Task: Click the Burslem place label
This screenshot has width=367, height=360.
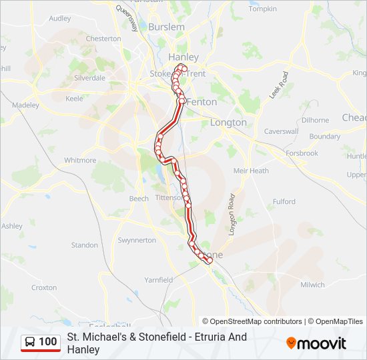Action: (x=167, y=27)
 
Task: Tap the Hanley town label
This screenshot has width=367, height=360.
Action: (x=183, y=57)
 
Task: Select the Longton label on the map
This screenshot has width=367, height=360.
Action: (x=228, y=123)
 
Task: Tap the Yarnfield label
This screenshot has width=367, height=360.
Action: (x=159, y=280)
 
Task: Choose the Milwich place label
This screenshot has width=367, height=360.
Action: (x=312, y=285)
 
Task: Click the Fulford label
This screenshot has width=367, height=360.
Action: (x=284, y=201)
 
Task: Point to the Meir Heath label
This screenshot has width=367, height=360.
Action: (x=251, y=171)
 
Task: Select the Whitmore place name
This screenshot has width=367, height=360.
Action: (x=80, y=161)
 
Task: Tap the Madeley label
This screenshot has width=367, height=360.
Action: (x=25, y=105)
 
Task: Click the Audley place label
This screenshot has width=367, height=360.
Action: (x=60, y=19)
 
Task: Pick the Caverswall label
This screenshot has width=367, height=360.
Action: (x=280, y=131)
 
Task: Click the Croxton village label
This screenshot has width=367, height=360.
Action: (x=44, y=288)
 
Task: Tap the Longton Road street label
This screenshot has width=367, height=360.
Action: (x=232, y=215)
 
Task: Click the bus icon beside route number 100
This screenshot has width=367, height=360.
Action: (x=30, y=342)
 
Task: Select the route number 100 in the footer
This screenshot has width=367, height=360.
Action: (x=48, y=342)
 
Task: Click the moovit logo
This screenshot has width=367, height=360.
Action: (x=316, y=343)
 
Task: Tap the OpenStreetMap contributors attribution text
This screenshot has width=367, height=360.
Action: (x=256, y=321)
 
